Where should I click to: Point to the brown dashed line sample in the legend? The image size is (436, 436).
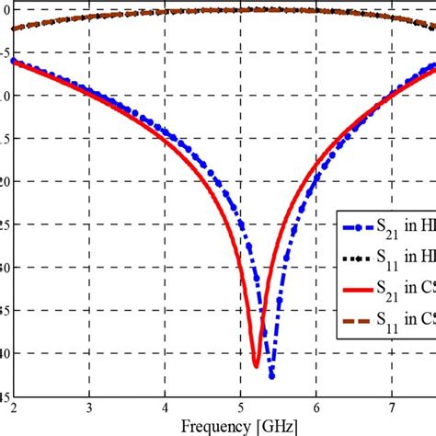click(x=353, y=323)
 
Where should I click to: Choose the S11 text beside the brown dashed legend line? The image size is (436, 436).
click(x=388, y=324)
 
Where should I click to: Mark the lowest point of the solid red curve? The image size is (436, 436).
click(x=257, y=366)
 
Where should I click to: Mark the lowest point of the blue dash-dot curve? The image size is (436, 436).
click(x=271, y=375)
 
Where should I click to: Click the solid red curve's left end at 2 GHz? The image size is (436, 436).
click(x=13, y=61)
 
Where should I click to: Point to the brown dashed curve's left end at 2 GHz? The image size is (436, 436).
click(x=13, y=29)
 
